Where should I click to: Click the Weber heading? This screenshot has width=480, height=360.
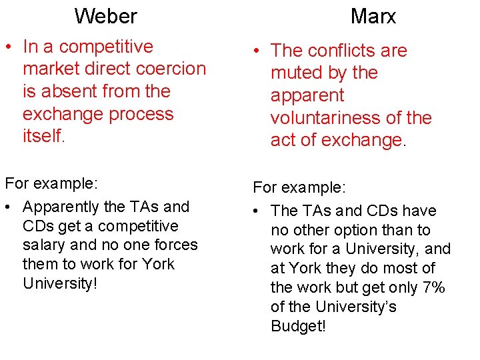click(105, 15)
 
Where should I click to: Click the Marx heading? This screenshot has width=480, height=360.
click(373, 17)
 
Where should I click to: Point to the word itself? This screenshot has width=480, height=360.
click(43, 136)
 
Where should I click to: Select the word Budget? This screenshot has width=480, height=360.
click(298, 326)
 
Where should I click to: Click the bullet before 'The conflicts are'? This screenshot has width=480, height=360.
click(256, 51)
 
